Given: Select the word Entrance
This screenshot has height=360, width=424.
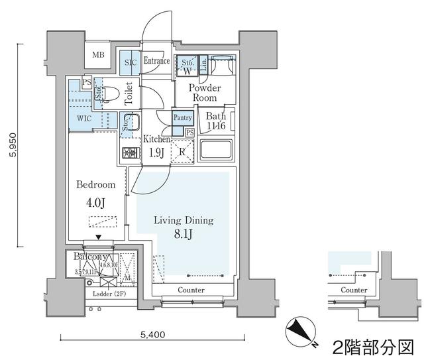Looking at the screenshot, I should [156, 61].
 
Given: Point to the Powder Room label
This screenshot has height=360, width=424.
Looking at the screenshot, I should [205, 93].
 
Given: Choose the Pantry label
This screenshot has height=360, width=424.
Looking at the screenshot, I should [182, 117].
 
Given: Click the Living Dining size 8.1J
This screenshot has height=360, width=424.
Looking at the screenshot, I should [184, 233].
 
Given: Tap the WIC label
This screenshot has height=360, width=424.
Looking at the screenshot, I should [83, 118].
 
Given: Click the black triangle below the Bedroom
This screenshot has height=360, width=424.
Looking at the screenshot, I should [99, 237].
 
